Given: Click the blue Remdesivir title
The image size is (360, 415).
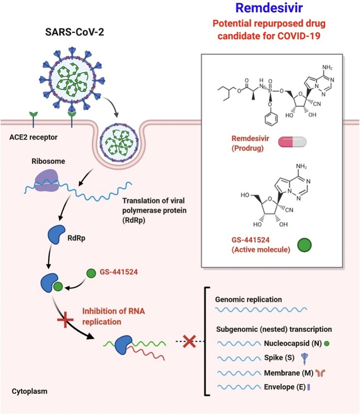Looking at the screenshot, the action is [269, 8].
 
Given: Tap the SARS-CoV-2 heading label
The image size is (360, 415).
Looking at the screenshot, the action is [74, 32].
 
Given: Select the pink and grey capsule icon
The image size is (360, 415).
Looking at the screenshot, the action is [293, 142].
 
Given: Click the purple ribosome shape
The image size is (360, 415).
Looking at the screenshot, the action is [46, 180].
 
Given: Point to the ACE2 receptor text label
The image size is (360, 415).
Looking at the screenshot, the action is [33, 137].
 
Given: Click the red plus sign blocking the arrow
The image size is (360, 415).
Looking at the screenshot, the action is [65, 319].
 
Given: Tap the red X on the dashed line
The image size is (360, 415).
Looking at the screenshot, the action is [189, 342].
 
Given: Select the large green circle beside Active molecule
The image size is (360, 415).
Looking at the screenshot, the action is [304, 245].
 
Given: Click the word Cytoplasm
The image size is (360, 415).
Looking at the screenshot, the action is [30, 391].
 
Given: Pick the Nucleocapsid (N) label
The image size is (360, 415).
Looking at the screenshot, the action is [293, 343].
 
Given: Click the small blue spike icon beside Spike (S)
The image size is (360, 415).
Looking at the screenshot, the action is [305, 359].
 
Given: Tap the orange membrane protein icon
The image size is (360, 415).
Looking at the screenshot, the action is [321, 373].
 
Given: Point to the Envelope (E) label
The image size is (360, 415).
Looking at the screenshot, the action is [285, 387].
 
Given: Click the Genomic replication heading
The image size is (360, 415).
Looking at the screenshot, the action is [248, 299].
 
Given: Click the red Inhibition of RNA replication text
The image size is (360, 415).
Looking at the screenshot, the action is [114, 316].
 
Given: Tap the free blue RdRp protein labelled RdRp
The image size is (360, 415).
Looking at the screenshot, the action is [56, 234].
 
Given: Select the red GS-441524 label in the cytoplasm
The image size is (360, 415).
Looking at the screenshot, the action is [119, 272].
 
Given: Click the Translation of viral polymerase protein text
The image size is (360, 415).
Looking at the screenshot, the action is [154, 210].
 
